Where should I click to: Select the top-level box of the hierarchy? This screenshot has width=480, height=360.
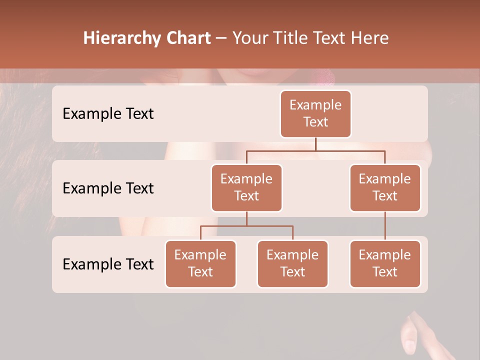[315, 113]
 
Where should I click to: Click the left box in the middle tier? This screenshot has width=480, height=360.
[246, 187]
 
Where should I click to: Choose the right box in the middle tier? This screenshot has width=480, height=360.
[385, 187]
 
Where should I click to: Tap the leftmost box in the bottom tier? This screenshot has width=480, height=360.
[200, 263]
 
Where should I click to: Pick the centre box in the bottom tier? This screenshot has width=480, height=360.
[292, 263]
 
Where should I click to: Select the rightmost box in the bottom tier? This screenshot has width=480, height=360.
[385, 263]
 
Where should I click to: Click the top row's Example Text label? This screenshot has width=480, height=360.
[108, 113]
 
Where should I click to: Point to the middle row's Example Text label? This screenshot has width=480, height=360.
[108, 188]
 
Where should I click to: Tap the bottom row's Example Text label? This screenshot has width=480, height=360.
[108, 264]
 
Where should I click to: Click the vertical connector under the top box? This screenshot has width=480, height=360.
[315, 144]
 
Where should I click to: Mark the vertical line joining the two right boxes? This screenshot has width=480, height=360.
[385, 225]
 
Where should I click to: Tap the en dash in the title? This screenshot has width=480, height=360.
[221, 38]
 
